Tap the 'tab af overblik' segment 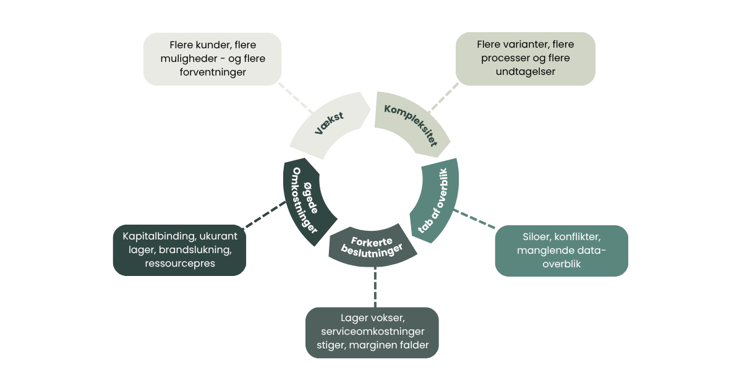click(x=439, y=199)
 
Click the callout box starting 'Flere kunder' click(x=212, y=59)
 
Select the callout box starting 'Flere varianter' click(x=525, y=59)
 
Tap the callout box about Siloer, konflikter click(x=561, y=251)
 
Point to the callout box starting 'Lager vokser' click(x=372, y=332)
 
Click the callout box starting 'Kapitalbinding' click(x=179, y=250)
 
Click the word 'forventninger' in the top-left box click(x=212, y=72)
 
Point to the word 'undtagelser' click(x=525, y=72)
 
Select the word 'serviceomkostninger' click(x=372, y=332)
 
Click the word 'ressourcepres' click(x=179, y=264)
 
